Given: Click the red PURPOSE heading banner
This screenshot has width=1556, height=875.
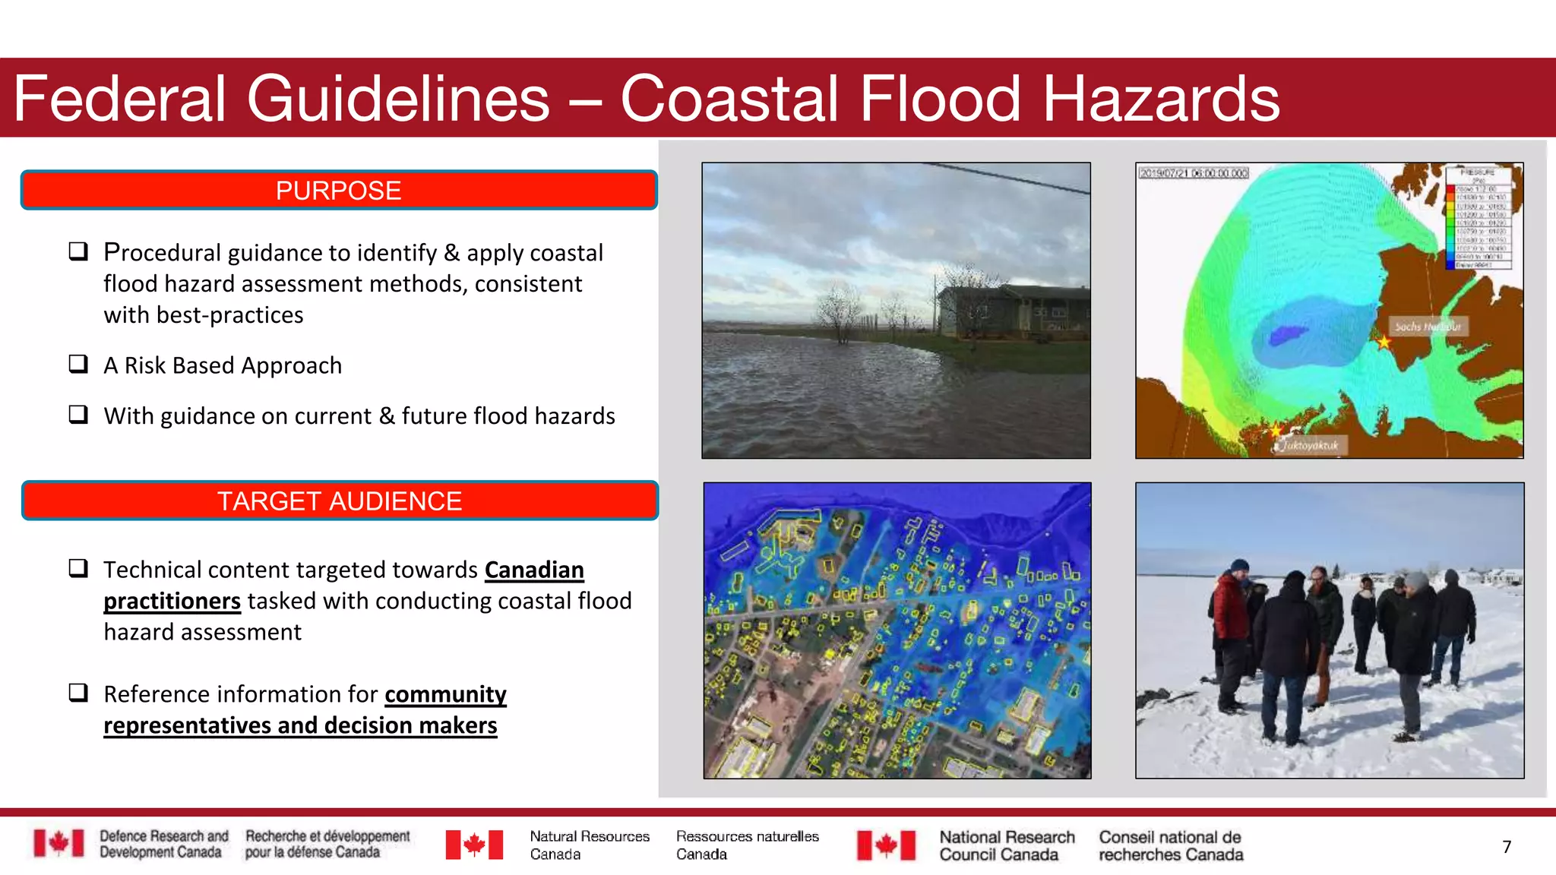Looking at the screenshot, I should pos(339,190).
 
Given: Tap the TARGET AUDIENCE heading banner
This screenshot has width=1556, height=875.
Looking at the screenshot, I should pos(340,501).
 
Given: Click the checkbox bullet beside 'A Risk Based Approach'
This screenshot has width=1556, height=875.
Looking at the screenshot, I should pos(78,364).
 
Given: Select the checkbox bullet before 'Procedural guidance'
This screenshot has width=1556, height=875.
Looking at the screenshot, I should pos(78,251).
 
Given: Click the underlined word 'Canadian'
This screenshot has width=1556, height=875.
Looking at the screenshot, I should pos(534,570).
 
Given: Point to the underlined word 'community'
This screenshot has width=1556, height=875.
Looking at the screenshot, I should pos(445,694).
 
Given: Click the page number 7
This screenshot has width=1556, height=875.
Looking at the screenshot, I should pos(1507,847).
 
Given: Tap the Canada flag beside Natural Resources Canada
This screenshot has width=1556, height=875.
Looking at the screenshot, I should pos(474,845).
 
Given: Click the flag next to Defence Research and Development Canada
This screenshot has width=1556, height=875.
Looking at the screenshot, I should pos(59,843).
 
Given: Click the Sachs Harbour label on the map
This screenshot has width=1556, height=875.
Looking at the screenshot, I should pos(1428,327).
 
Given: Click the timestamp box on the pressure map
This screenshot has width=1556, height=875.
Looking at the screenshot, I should pos(1193,173).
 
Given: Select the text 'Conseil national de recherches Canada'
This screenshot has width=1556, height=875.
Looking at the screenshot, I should pos(1171,845).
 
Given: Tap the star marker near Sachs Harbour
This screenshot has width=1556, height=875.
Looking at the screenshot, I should pos(1384,342).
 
